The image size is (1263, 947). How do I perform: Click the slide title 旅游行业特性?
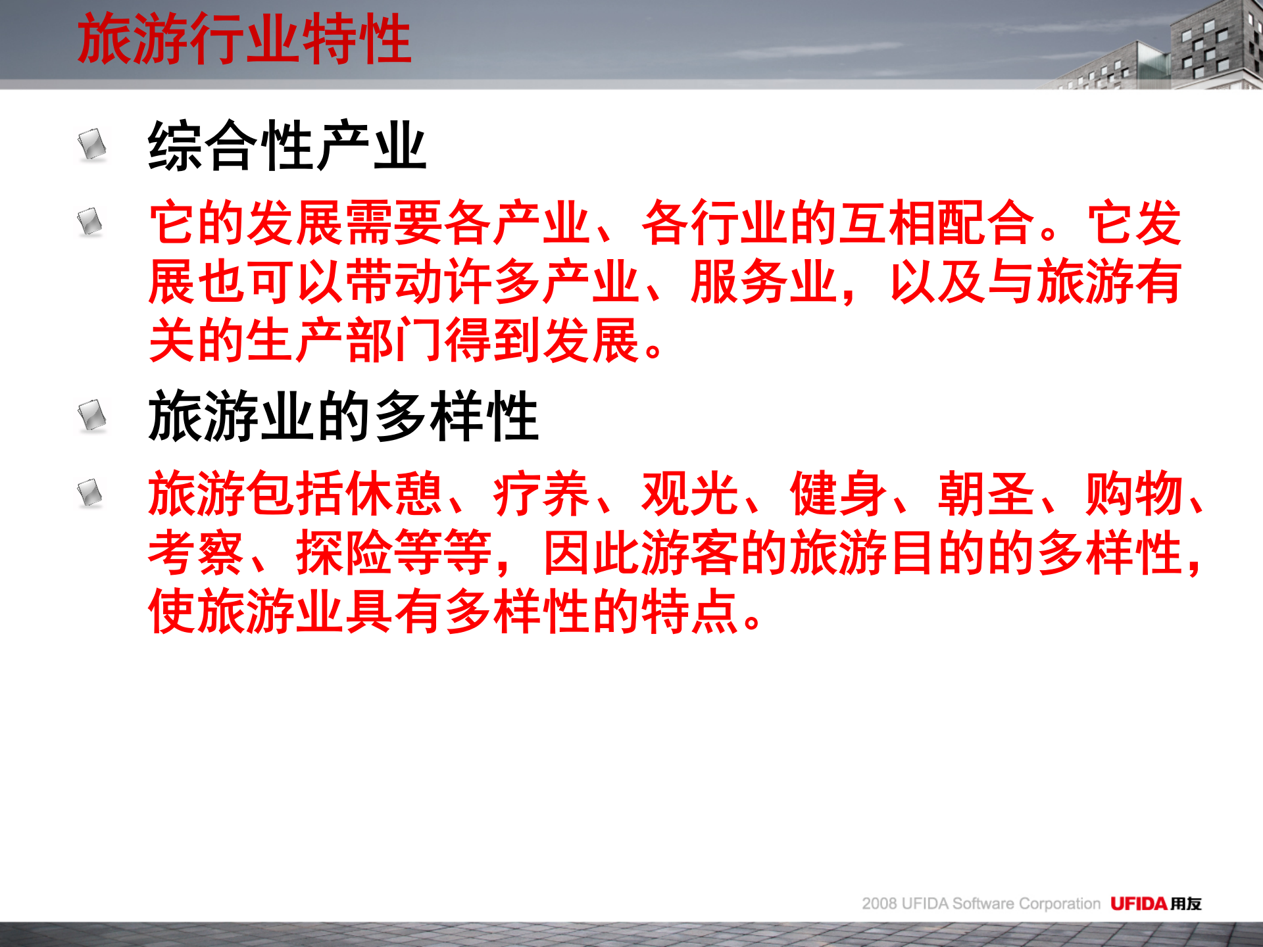[244, 39]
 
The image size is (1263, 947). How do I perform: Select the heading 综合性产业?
[287, 146]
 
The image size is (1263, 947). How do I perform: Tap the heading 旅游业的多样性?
[343, 416]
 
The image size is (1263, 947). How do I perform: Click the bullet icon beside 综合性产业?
[92, 144]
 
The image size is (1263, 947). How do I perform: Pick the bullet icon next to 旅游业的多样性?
[92, 415]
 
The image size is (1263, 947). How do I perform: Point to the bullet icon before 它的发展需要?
[90, 222]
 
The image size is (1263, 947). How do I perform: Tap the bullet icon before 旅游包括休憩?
[90, 493]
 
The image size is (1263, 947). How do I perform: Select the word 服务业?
[763, 282]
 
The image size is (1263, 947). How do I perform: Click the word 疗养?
[541, 494]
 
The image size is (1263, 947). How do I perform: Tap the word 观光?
[689, 494]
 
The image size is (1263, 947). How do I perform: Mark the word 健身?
[837, 494]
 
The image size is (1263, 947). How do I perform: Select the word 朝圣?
[985, 494]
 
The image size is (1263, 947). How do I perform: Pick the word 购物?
[1133, 494]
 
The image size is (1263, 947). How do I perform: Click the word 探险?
[344, 553]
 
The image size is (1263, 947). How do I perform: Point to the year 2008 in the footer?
[879, 904]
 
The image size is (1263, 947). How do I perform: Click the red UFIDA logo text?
[1138, 904]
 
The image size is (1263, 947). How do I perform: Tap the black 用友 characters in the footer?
[1185, 904]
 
